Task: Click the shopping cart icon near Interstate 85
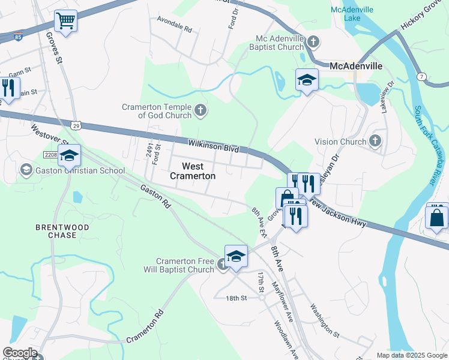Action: click(x=66, y=22)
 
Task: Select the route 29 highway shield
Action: click(x=74, y=125)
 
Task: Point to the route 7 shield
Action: click(x=422, y=77)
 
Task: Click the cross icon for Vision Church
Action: click(x=375, y=142)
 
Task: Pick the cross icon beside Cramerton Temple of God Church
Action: click(x=200, y=110)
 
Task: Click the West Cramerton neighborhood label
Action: click(x=191, y=171)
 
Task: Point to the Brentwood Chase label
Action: click(x=62, y=231)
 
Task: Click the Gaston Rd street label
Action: click(x=156, y=196)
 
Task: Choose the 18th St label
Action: click(x=237, y=298)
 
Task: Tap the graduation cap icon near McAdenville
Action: click(x=307, y=80)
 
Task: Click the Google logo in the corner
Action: click(x=20, y=353)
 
